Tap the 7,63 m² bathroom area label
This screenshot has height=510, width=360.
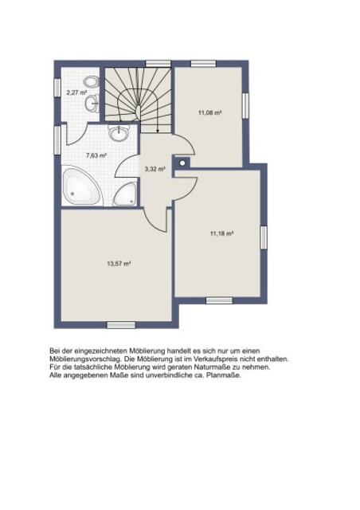coord(96,155)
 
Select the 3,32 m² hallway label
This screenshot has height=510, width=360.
coord(155,169)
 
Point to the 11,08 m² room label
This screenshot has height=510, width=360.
coord(209,113)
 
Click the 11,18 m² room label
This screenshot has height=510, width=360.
coord(222,233)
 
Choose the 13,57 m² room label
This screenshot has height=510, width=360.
coord(119,264)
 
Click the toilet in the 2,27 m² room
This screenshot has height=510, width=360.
coord(91,81)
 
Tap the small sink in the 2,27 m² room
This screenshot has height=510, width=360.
coord(92,104)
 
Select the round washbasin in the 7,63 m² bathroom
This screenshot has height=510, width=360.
coord(119,133)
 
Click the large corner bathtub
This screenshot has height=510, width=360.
coord(81,186)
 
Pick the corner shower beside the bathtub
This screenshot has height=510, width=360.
coord(125,194)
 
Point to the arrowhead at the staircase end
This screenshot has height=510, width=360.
coord(158,131)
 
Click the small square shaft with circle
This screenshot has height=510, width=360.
coord(182,163)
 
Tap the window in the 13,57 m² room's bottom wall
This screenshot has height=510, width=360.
coord(121,325)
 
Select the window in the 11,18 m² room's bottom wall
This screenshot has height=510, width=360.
coord(220,300)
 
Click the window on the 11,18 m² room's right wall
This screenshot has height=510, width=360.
coord(264,237)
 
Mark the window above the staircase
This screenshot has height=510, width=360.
coord(158,64)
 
